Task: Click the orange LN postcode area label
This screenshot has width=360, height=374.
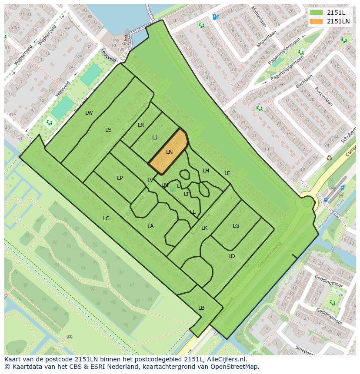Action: (x=170, y=152)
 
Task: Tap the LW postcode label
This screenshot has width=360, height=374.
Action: (x=89, y=113)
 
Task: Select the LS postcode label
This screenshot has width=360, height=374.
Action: (x=108, y=130)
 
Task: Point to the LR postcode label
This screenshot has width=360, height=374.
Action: (x=141, y=125)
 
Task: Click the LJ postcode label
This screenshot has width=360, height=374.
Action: (x=155, y=138)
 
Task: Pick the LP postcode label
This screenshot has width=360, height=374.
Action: (x=120, y=178)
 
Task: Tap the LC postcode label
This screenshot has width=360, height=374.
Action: (x=106, y=218)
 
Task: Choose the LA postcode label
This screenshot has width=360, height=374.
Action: (x=150, y=226)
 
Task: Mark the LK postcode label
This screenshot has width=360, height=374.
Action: (x=204, y=228)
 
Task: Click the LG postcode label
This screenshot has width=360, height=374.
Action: (x=236, y=226)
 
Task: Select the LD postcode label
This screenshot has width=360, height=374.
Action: (x=231, y=256)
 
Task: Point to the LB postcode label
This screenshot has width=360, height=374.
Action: (x=201, y=308)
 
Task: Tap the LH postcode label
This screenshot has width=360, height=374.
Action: (x=206, y=171)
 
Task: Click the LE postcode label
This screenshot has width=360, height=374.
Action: (x=227, y=173)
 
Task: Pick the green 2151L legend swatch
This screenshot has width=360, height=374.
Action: (x=317, y=13)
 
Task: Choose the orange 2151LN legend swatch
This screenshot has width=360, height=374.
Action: (x=317, y=21)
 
